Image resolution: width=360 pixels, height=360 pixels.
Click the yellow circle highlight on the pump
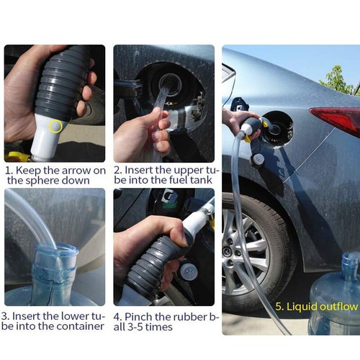(55, 127)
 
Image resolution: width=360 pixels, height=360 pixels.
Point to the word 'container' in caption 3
(80, 326)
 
